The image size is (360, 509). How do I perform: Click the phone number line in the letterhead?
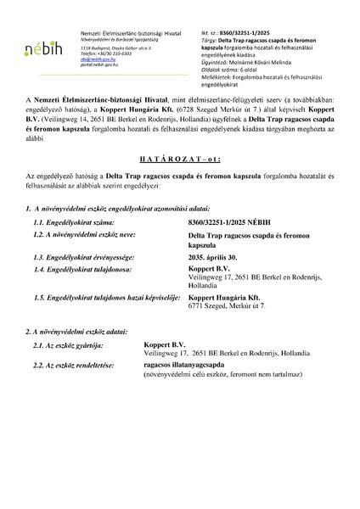(102, 53)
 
